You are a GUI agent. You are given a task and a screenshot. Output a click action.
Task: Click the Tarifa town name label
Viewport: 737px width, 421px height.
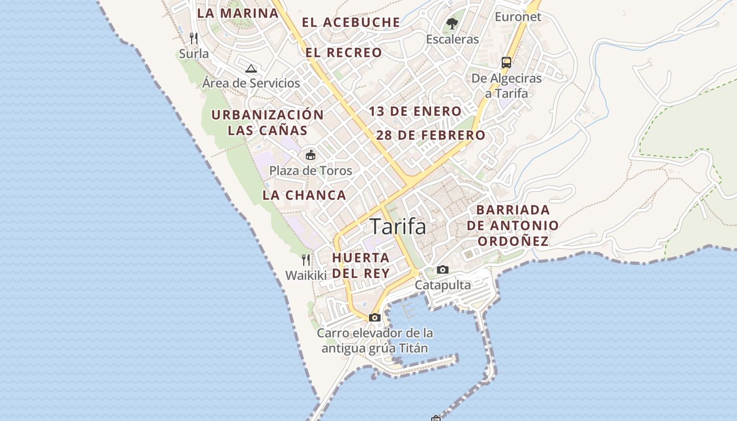(398, 226)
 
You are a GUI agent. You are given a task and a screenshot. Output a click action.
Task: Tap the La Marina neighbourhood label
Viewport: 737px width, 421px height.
(238, 13)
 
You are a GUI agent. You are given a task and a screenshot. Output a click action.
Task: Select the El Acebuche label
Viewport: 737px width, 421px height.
(351, 23)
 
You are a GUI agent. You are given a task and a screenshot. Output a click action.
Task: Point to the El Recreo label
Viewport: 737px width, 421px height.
(344, 53)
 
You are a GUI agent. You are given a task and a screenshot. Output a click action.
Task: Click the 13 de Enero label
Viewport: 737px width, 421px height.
(415, 112)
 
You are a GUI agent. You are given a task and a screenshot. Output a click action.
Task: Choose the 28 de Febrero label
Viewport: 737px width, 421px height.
(431, 135)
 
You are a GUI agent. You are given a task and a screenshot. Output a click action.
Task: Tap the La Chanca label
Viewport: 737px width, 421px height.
(304, 195)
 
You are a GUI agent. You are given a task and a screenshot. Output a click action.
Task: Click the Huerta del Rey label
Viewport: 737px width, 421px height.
(361, 265)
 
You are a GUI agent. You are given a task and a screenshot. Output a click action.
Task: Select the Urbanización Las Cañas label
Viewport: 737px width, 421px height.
(267, 122)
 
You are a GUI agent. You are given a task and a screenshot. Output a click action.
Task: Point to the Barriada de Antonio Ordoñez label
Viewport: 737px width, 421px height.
(513, 225)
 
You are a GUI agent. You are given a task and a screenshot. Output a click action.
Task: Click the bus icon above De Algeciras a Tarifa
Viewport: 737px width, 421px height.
(506, 63)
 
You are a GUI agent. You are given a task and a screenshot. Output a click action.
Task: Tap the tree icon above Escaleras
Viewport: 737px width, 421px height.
(452, 23)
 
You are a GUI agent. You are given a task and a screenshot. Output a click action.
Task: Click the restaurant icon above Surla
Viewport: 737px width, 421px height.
(194, 38)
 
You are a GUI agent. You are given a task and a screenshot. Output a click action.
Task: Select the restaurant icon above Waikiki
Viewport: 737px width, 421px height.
(306, 259)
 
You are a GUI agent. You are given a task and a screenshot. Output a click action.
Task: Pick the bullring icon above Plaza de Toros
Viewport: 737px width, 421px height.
(311, 155)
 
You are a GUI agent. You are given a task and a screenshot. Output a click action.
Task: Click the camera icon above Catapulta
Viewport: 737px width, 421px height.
(443, 269)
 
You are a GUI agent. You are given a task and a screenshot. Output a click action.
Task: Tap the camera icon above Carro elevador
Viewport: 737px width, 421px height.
(375, 317)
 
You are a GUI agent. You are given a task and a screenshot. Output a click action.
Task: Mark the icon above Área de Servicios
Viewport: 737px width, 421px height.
(251, 68)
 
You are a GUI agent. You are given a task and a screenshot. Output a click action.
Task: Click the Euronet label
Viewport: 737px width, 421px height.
(518, 17)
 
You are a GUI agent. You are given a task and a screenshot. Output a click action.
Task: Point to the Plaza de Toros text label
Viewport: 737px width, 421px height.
(311, 171)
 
